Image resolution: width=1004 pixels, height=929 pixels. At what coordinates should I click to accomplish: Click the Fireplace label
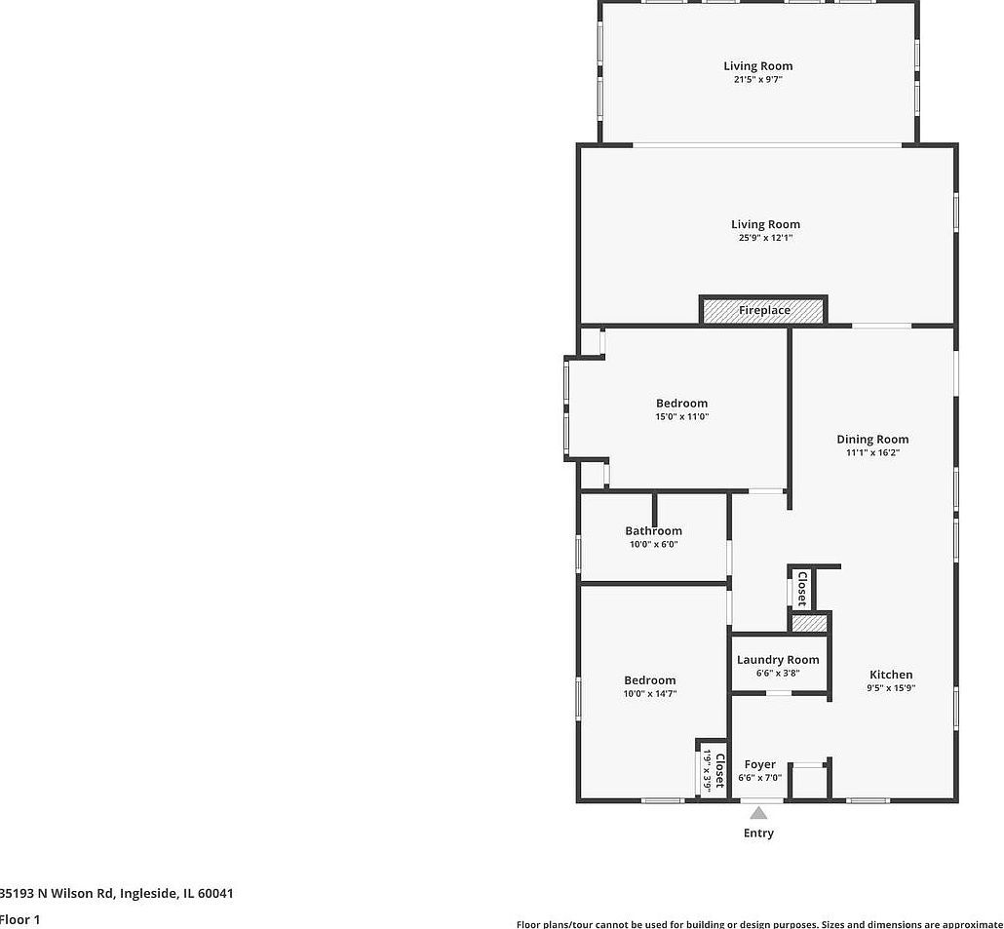coord(764,310)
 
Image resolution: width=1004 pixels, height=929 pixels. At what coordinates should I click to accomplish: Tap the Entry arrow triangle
coord(758,812)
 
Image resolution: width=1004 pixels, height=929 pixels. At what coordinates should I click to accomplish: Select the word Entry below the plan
coord(758,833)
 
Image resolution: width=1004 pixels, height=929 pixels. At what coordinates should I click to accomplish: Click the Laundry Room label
coord(778,660)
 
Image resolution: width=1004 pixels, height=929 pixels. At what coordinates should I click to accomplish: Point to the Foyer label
coord(760,764)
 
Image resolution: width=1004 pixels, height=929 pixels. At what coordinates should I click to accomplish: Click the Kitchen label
coord(891,675)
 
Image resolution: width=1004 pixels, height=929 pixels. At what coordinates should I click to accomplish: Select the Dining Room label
coord(872,439)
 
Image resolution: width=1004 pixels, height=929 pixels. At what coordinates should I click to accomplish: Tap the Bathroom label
coord(653,531)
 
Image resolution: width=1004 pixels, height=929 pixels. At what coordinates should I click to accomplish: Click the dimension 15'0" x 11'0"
coord(681,416)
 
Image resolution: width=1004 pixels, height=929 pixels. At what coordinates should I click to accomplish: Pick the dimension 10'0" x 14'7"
coord(650,694)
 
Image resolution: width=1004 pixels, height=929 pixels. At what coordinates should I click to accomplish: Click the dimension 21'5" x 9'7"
coord(757,79)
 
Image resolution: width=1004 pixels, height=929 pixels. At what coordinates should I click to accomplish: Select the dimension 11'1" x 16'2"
coord(872,452)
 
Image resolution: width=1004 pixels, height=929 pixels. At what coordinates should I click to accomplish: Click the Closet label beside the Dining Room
coord(802,590)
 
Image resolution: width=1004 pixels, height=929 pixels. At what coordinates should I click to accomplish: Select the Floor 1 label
coord(19,919)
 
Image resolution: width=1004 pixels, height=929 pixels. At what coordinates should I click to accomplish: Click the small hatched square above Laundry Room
coord(808,623)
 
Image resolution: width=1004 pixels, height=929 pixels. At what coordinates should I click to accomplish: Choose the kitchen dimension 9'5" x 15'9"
coord(891,687)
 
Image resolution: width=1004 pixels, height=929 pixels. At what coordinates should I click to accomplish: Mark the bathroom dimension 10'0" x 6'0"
coord(653,544)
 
